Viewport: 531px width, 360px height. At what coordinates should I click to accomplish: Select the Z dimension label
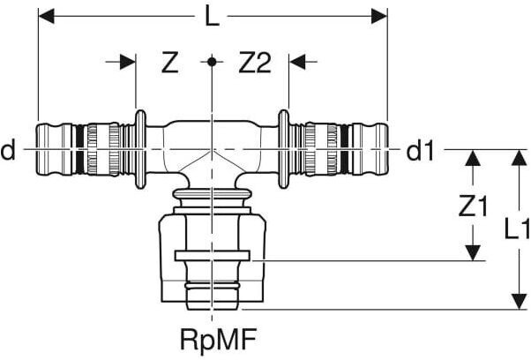coord(169,63)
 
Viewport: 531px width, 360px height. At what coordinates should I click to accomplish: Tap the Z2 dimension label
coord(255,63)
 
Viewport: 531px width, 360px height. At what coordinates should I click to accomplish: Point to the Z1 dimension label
coord(473,206)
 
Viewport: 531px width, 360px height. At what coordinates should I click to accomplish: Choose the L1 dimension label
coord(517,229)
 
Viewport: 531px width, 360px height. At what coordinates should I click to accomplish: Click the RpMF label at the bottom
coord(219,340)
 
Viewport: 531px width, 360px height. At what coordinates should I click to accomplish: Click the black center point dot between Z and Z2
coord(212,62)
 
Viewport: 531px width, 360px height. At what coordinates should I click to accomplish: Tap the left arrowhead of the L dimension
coord(47,16)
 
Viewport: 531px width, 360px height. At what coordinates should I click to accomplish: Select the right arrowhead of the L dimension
coord(379,16)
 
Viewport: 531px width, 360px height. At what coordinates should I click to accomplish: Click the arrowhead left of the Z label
coord(128,62)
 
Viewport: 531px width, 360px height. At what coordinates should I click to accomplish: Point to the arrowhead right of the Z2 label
coord(297,62)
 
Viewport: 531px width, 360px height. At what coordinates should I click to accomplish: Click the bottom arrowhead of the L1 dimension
coord(519,302)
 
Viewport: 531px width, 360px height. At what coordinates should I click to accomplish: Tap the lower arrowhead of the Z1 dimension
coord(473,253)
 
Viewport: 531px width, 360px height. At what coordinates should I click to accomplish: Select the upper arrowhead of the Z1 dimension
coord(473,157)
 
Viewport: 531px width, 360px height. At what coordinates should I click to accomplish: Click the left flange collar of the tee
coord(140,149)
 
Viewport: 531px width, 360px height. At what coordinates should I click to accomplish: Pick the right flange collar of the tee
coord(283,149)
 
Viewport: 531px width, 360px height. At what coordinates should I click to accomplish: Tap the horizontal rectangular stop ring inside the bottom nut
coord(213,256)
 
